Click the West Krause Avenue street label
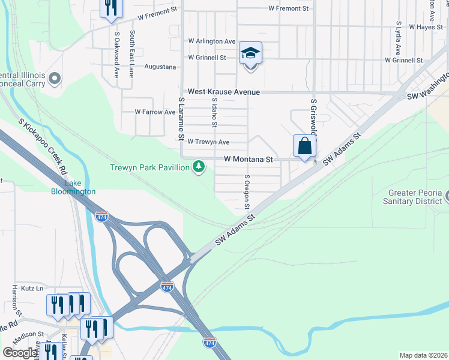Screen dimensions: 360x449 (224, 92)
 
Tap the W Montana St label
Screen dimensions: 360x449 (249, 160)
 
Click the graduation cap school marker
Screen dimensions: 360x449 (250, 53)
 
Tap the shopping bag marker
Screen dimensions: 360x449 (304, 146)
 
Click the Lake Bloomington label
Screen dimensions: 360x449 (72, 187)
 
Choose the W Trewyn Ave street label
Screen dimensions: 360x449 (208, 142)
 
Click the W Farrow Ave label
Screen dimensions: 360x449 (155, 112)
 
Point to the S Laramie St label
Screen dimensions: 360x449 (181, 118)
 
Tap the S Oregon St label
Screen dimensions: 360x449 (246, 192)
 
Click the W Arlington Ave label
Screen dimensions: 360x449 (211, 41)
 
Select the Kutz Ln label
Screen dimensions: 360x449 (31, 288)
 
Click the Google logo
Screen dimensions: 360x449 (20, 353)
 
